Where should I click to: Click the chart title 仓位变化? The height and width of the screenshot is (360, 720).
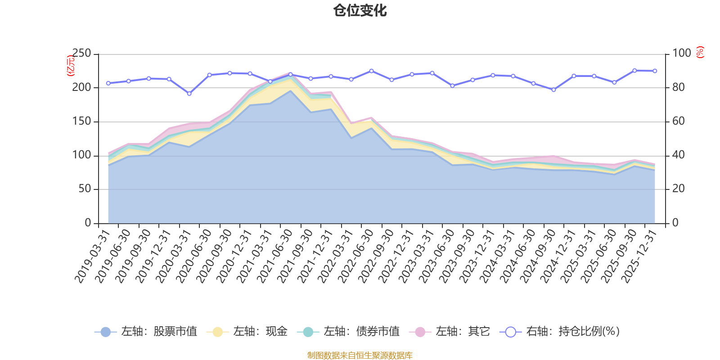click(360, 10)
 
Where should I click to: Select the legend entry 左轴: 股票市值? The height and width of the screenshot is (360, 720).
click(146, 332)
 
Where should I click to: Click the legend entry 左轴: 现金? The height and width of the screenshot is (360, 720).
click(247, 332)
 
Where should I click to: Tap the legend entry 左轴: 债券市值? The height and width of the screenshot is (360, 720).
click(348, 332)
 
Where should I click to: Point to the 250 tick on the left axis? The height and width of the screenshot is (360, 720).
click(81, 54)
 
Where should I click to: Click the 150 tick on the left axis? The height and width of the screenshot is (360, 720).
click(81, 121)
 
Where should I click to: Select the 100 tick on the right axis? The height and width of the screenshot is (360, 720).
click(681, 54)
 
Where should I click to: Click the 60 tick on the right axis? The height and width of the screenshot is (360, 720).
click(678, 121)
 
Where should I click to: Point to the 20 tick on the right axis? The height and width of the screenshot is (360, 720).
click(678, 189)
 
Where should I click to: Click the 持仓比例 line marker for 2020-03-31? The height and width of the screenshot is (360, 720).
click(189, 94)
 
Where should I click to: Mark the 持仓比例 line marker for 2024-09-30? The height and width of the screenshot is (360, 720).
click(553, 90)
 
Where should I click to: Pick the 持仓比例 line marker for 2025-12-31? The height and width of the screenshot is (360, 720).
click(655, 71)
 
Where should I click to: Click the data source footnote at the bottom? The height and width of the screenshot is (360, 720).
click(360, 355)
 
